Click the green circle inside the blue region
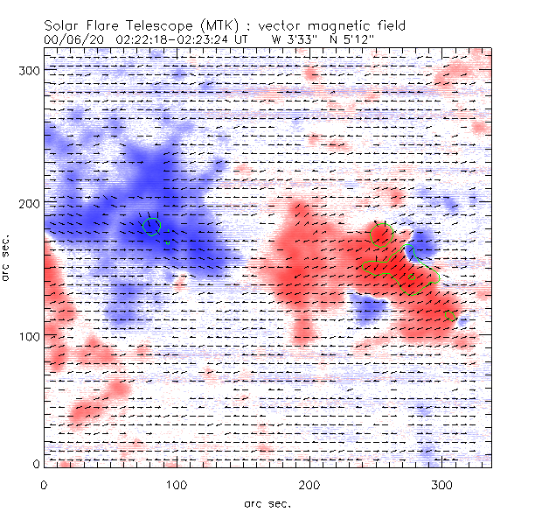coord(151,227)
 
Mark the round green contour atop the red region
coord(381,234)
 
